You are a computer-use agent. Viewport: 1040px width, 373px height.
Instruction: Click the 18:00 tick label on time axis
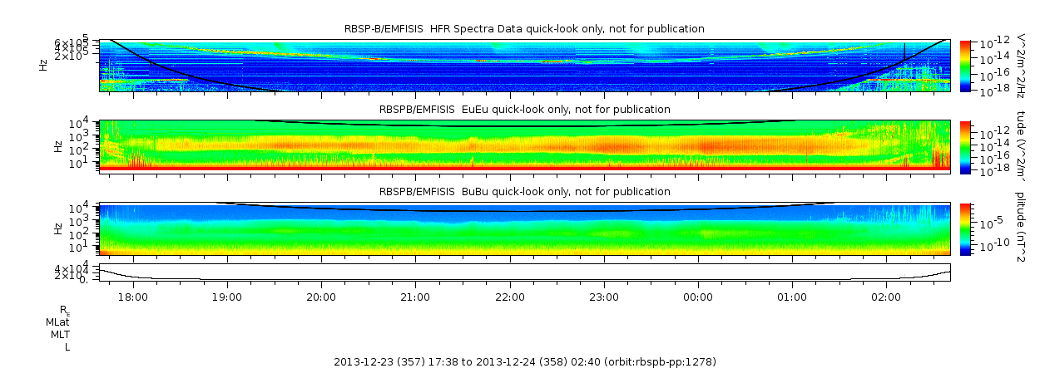click(x=133, y=297)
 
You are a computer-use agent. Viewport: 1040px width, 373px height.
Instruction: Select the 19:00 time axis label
click(x=227, y=297)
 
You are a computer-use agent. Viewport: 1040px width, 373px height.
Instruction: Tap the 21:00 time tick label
click(x=415, y=297)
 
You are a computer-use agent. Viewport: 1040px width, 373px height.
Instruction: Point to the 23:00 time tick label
click(x=603, y=297)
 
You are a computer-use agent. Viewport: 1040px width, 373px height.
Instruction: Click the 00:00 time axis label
click(x=697, y=297)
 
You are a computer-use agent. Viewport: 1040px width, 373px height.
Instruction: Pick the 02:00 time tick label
click(x=886, y=297)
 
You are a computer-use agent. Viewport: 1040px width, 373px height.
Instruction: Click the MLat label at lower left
click(x=57, y=321)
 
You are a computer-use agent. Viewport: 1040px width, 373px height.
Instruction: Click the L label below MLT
click(x=67, y=347)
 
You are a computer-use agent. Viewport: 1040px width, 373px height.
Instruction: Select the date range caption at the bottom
click(x=524, y=362)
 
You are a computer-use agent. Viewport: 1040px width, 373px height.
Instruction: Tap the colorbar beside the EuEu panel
click(x=965, y=146)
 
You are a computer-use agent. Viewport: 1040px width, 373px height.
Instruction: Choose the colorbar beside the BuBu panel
click(x=965, y=228)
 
